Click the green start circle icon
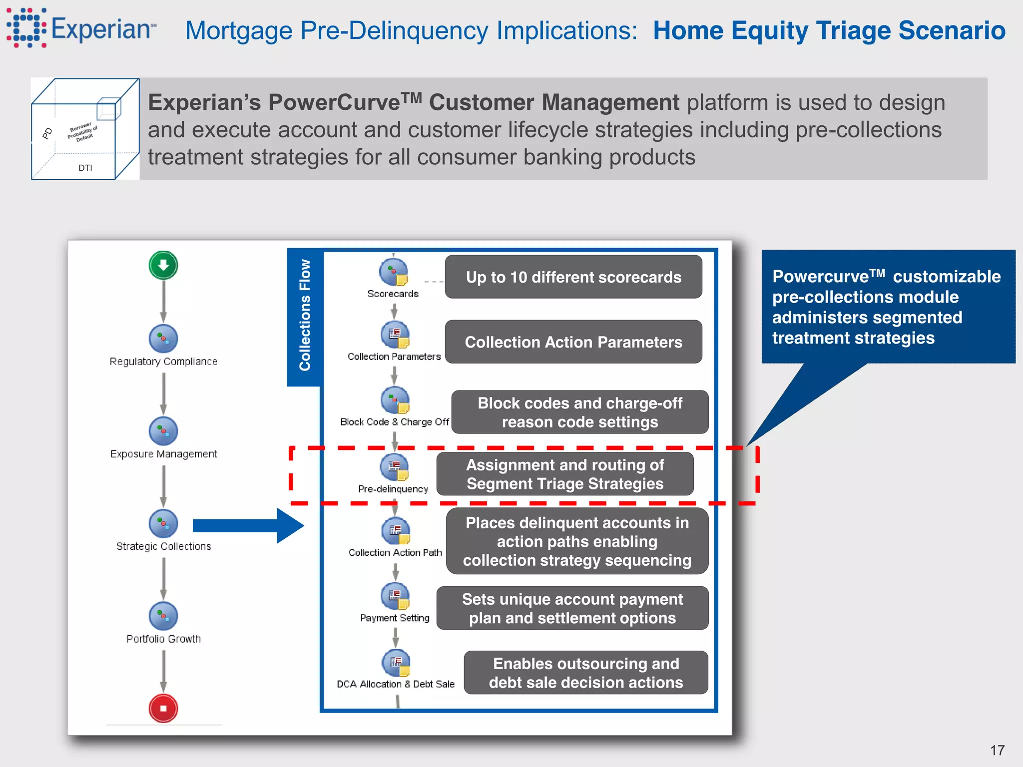pos(163,265)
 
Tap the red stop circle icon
pos(163,708)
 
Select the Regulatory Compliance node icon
pos(163,339)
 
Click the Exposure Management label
pos(163,454)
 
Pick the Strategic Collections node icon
pos(163,523)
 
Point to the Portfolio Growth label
pos(163,639)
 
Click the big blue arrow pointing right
pos(247,525)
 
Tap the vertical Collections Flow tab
pos(304,316)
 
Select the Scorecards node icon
pos(394,273)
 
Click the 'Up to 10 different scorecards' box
pos(573,277)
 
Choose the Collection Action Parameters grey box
pos(573,342)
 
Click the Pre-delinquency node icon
pos(394,467)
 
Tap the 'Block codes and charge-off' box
pos(579,412)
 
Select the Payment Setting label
pos(395,618)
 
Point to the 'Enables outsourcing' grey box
pos(585,673)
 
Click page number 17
pos(997,750)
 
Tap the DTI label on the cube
pos(85,168)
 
